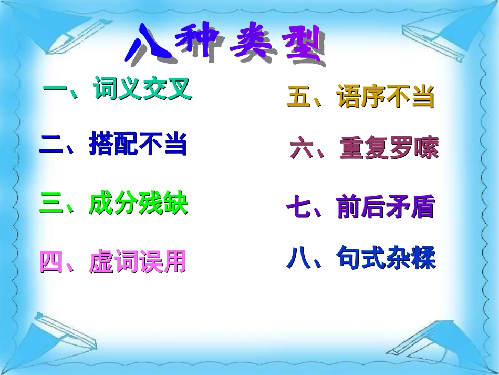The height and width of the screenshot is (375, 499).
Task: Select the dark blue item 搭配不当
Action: point(138,144)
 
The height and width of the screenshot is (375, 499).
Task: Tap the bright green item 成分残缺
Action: point(138,204)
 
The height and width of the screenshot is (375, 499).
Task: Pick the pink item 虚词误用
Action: point(138,262)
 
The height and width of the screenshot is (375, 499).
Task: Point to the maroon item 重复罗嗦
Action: point(389,149)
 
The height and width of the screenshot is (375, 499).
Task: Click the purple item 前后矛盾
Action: point(386,207)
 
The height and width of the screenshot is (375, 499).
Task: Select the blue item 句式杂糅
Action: point(386,258)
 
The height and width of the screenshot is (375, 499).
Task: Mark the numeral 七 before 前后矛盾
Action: point(298,208)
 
